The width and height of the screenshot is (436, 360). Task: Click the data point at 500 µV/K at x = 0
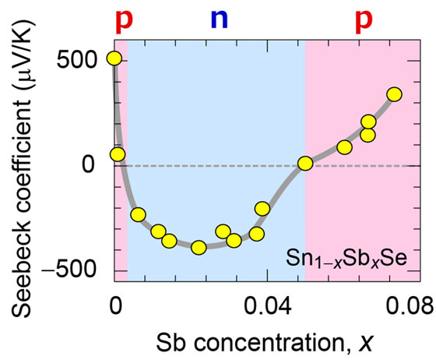coord(114,58)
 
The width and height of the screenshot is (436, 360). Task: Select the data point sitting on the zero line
coord(305,164)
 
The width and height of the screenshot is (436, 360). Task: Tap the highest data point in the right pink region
coord(394,94)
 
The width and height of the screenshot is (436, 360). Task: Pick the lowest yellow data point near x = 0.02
coord(199,247)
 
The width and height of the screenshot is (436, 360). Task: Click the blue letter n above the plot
coord(221,19)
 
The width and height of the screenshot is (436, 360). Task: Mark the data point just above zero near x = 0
coord(117,154)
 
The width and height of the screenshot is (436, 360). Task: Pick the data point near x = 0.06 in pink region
coord(344,147)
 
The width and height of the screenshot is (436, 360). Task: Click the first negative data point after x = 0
coord(138,214)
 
